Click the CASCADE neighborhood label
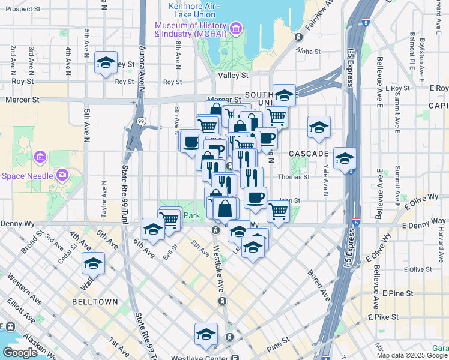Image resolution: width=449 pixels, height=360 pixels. (308, 154)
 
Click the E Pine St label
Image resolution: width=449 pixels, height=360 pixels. (398, 293)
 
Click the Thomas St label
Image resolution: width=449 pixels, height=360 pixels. (294, 177)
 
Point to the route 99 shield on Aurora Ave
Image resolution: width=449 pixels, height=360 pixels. (140, 121)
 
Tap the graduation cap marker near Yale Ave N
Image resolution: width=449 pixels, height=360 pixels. (319, 126)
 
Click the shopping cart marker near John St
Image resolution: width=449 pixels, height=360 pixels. (278, 211)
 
